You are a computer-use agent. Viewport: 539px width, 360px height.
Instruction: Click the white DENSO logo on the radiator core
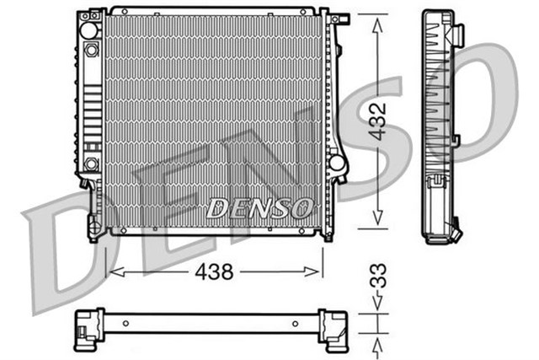coord(260,207)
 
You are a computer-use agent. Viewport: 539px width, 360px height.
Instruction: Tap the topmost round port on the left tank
coord(88,30)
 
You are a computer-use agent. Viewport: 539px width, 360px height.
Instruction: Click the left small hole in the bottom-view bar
coord(125,323)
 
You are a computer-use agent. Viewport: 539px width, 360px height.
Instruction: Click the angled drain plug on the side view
coord(456,228)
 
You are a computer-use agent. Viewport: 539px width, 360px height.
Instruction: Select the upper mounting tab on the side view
coord(458,35)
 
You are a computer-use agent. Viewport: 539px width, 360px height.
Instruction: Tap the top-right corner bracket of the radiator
coord(339,19)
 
